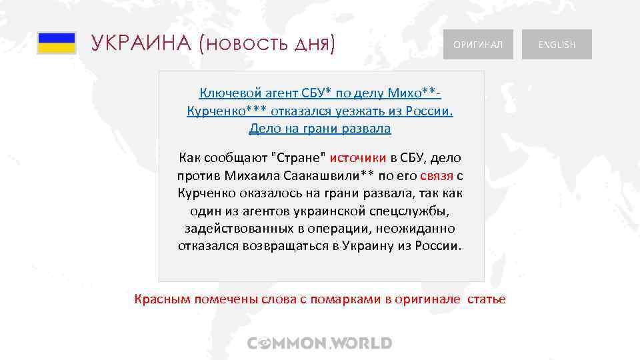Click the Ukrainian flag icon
click(56, 43)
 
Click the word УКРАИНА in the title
click(141, 43)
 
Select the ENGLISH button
click(557, 45)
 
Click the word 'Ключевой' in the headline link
click(225, 93)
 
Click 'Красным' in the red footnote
click(162, 299)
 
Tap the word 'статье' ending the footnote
click(486, 299)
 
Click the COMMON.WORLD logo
click(320, 343)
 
